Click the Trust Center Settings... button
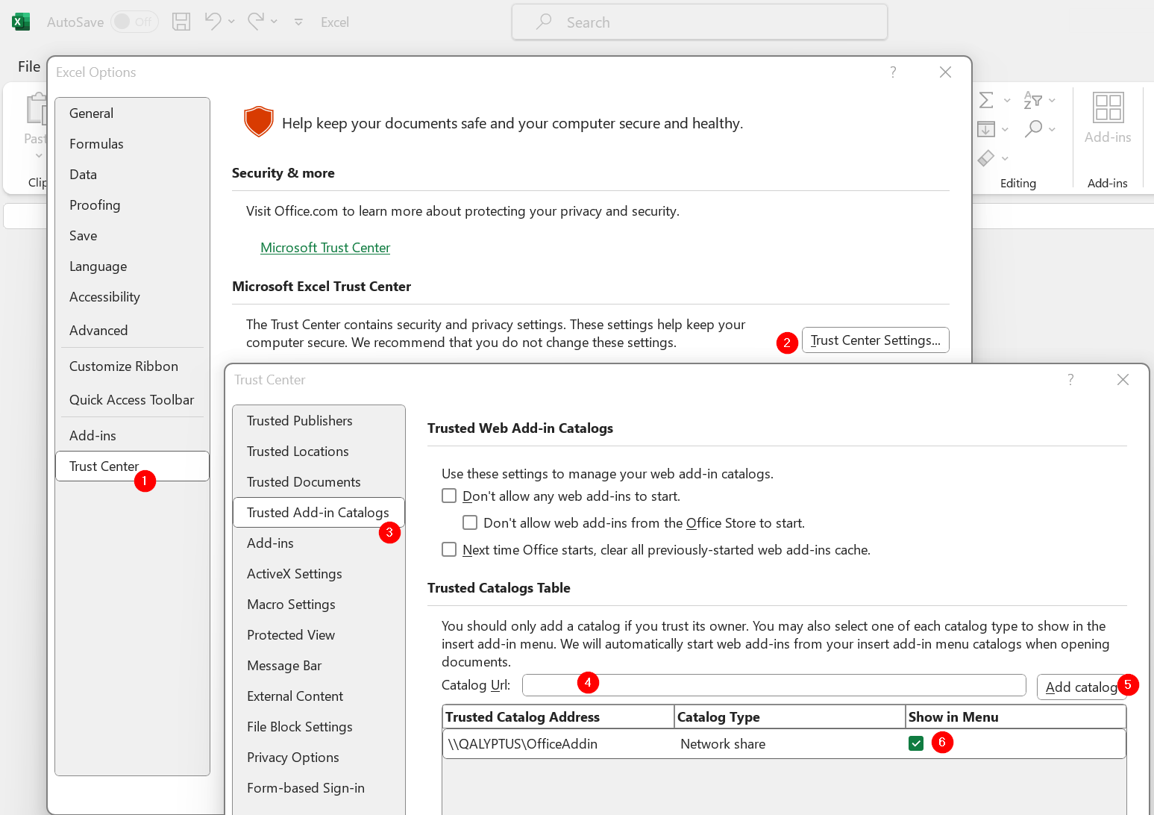point(875,340)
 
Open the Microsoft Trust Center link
point(325,248)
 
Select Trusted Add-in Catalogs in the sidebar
point(318,513)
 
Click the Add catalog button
point(1080,687)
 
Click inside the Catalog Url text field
point(774,685)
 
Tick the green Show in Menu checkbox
point(916,743)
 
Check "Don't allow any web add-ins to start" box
point(449,496)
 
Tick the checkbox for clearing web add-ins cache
point(449,550)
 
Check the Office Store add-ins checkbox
point(470,523)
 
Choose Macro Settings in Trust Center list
point(291,605)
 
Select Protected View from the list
point(291,635)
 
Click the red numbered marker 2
point(786,343)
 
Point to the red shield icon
point(259,121)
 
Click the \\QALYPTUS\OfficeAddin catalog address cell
point(523,744)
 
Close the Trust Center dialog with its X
point(1123,380)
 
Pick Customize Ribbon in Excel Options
point(124,366)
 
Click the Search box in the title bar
point(699,22)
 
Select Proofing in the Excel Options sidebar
point(95,205)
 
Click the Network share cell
point(723,744)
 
